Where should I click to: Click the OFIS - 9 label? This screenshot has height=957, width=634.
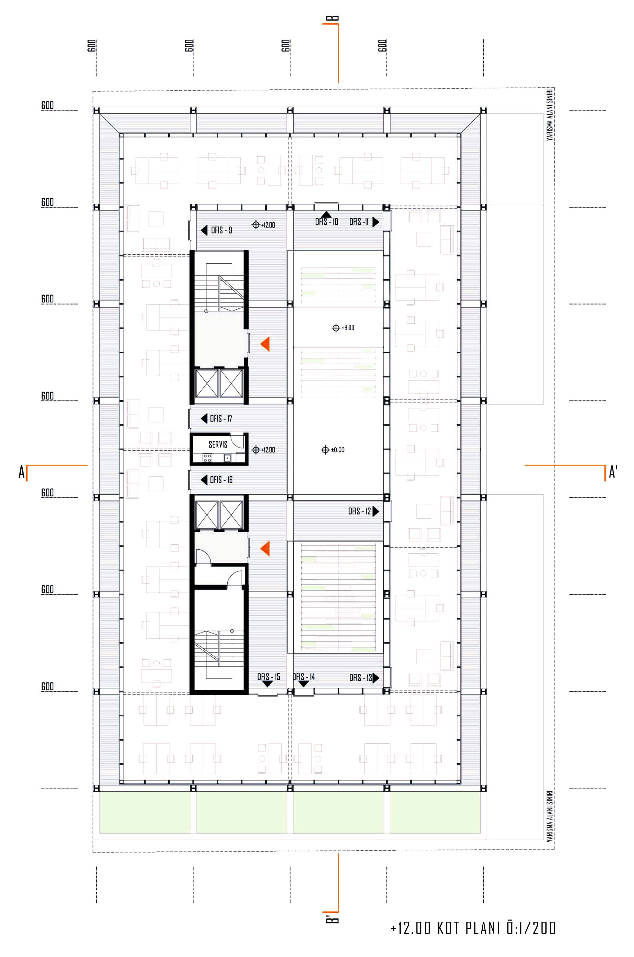tap(222, 230)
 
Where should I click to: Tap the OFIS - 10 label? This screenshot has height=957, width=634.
tap(327, 222)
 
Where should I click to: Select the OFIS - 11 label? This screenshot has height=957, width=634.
tap(359, 222)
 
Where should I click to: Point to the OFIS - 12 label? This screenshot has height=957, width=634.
tap(359, 511)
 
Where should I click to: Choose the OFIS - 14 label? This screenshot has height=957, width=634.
tap(304, 677)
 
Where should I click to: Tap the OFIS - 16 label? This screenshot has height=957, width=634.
tap(221, 480)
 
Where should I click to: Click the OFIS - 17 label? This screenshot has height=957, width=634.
tap(221, 418)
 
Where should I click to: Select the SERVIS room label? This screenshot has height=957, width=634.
tap(218, 445)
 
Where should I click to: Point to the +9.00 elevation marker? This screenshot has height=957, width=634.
tap(343, 328)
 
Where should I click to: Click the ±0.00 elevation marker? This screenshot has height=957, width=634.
tap(333, 450)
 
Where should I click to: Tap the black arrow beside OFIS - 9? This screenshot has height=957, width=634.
tap(204, 230)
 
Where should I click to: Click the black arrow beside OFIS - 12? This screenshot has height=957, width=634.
tap(376, 511)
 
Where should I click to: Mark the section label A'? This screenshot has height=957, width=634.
tap(613, 472)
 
